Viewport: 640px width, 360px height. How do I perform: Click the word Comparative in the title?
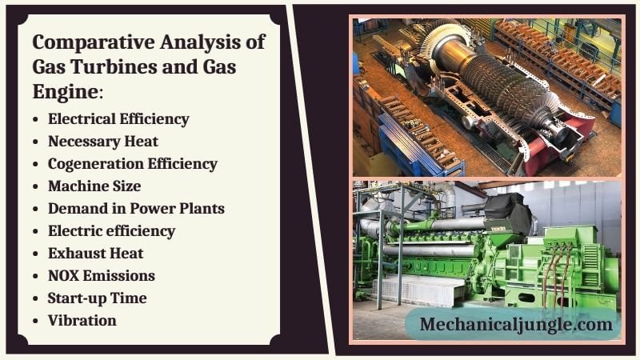pos(94,42)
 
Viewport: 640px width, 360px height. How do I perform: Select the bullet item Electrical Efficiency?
pos(118,119)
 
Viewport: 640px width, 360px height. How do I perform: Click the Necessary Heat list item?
pos(103,142)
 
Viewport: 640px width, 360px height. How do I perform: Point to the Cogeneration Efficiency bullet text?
pos(133,164)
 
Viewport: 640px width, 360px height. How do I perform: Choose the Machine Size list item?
pos(94,186)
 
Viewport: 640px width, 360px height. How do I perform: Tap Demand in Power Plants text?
pos(136,209)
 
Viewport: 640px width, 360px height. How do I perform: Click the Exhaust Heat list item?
pos(95,254)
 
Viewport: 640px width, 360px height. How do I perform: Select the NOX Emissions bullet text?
pos(102,276)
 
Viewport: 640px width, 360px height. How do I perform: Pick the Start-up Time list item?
pos(97,298)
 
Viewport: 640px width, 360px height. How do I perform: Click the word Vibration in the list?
pos(82,321)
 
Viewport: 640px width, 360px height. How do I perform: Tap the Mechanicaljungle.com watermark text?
pos(516,325)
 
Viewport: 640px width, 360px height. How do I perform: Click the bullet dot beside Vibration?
pos(35,322)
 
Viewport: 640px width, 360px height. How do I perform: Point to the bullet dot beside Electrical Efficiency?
pos(35,119)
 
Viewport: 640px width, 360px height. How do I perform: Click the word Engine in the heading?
pos(66,92)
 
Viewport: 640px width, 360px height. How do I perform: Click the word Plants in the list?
pos(202,209)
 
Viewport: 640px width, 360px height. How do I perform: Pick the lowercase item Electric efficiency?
pos(112,231)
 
